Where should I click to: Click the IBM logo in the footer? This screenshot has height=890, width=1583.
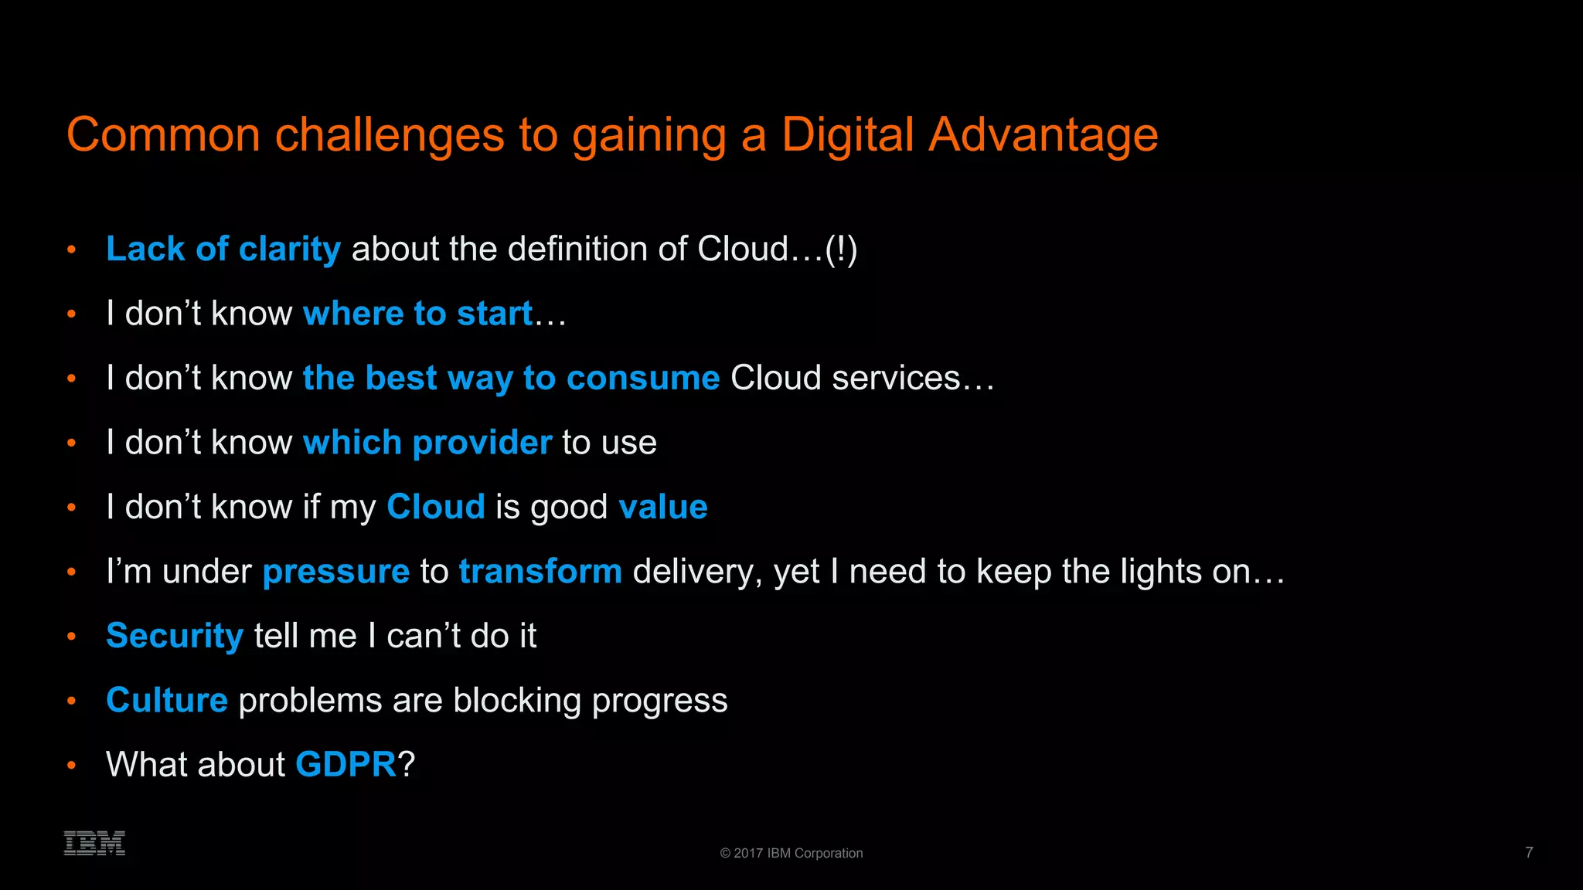click(94, 843)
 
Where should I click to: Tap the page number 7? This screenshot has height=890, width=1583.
click(1529, 852)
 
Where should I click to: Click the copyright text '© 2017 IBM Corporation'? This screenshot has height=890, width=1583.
click(791, 853)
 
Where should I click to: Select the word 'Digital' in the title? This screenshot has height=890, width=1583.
click(848, 134)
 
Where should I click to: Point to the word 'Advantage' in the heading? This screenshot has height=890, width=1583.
click(1043, 136)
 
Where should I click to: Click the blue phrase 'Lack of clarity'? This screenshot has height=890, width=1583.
click(223, 249)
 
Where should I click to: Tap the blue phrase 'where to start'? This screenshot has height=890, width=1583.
click(417, 314)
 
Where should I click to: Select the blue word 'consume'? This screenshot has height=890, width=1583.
click(642, 379)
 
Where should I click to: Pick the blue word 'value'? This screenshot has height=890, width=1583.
click(662, 507)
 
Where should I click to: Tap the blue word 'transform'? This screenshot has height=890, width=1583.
click(540, 572)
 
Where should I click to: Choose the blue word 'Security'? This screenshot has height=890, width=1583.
click(175, 637)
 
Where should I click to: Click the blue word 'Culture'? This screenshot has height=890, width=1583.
click(167, 700)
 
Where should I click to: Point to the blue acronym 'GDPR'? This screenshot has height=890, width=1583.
click(346, 765)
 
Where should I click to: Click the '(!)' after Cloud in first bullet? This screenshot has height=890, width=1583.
click(841, 250)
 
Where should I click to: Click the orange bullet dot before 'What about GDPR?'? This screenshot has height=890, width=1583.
click(71, 765)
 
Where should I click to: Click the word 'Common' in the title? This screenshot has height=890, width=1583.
click(163, 135)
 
